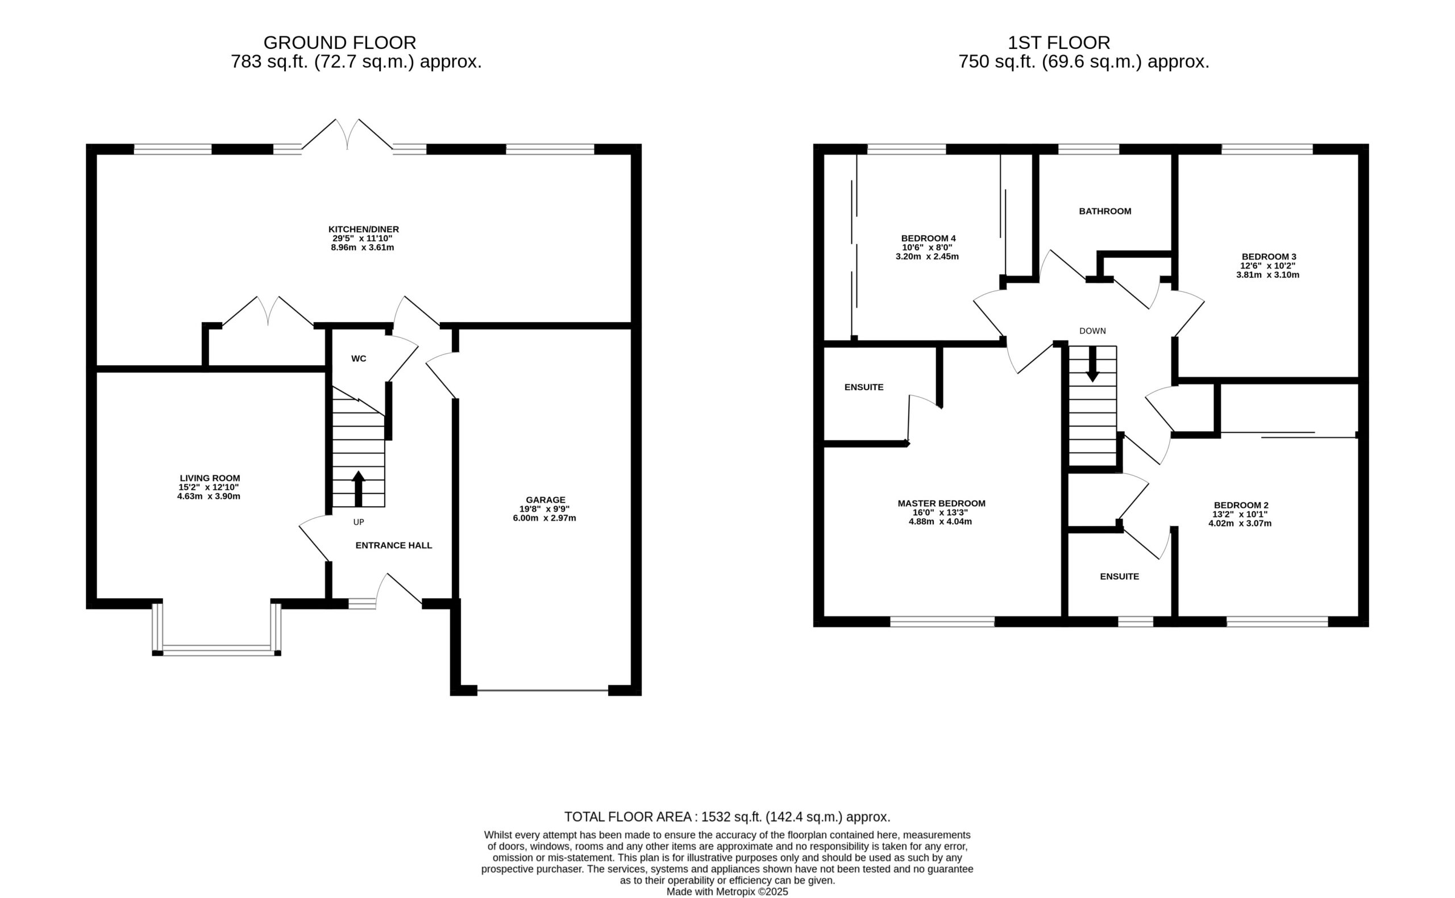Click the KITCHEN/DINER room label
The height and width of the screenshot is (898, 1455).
click(364, 229)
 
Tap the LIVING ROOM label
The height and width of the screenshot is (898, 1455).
click(210, 478)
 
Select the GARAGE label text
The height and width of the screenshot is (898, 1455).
click(546, 500)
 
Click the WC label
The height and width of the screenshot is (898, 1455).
click(359, 359)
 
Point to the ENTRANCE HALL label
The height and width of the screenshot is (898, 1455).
click(394, 545)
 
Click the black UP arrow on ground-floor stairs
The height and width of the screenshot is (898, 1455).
click(358, 489)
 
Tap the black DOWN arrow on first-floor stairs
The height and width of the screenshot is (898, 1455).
click(1092, 364)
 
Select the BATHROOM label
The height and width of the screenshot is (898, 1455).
click(1105, 211)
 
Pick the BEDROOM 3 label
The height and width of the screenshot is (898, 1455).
click(1269, 257)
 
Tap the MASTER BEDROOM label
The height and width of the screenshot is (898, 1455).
click(941, 504)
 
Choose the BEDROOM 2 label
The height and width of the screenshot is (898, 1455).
click(1241, 506)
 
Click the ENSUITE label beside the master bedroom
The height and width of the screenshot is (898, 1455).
click(864, 387)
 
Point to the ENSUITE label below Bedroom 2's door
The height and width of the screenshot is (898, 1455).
click(1119, 577)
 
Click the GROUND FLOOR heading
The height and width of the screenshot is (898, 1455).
click(340, 43)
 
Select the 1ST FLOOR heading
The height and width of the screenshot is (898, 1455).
click(1059, 43)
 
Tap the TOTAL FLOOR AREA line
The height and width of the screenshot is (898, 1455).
click(727, 817)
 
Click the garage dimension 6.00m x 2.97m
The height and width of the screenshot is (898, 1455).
click(545, 518)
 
